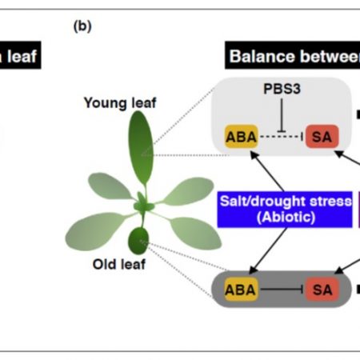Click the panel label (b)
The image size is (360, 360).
(82, 26)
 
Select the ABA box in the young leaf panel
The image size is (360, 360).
(241, 136)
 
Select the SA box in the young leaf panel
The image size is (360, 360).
(322, 136)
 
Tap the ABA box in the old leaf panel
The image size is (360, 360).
(241, 289)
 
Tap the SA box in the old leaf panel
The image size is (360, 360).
(322, 289)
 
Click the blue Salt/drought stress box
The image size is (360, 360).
(285, 210)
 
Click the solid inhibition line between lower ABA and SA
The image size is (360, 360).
(281, 289)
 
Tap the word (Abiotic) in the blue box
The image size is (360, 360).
(285, 218)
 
